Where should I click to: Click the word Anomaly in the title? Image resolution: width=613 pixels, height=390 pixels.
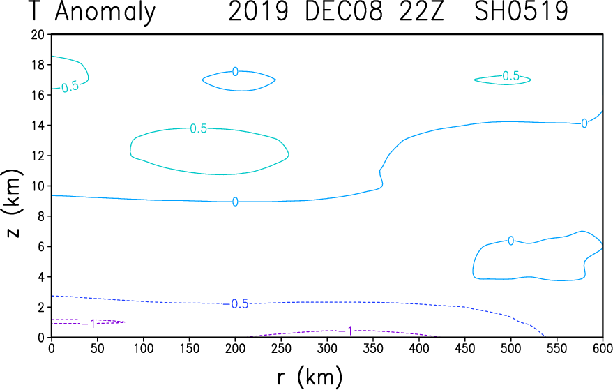tap(105, 13)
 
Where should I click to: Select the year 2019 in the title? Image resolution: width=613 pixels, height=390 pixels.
tap(258, 11)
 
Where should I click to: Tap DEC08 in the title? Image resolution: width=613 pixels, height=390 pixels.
tap(343, 11)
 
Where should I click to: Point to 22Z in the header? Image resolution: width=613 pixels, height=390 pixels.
tap(421, 11)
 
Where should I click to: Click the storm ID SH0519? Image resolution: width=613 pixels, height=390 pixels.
tap(521, 11)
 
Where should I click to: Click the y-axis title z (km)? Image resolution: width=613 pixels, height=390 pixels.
tap(13, 204)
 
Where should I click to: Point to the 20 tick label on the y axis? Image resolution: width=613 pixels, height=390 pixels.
tap(38, 35)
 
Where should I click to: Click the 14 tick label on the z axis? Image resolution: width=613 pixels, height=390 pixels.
tap(38, 126)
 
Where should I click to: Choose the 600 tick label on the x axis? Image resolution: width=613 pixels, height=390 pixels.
tap(603, 348)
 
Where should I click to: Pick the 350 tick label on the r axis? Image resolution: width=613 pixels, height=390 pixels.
tap(373, 348)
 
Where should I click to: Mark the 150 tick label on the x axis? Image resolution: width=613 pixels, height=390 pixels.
tap(189, 348)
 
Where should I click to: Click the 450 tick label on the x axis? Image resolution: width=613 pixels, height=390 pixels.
tap(465, 348)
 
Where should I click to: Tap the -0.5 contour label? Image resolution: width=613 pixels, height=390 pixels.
tap(236, 304)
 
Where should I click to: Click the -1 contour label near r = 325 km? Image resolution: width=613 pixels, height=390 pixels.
tap(346, 331)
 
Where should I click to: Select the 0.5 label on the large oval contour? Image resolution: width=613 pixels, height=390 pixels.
tap(198, 128)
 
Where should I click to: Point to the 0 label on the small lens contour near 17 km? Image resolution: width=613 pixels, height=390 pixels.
tap(235, 72)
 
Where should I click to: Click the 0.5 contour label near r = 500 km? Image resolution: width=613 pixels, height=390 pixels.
tap(510, 76)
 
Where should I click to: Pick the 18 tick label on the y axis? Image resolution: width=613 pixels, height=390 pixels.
tap(38, 65)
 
